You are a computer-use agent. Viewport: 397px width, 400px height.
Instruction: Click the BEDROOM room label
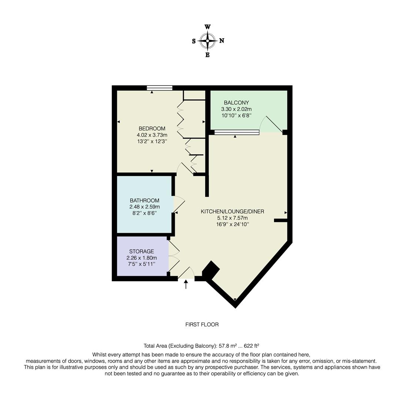(x=152, y=129)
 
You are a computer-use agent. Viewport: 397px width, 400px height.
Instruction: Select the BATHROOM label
(x=144, y=200)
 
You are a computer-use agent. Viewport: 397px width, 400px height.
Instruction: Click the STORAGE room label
(x=141, y=251)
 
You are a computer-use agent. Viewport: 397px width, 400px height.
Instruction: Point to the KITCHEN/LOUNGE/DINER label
(x=232, y=211)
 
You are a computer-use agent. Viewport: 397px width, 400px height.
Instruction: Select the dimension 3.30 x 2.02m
(x=236, y=109)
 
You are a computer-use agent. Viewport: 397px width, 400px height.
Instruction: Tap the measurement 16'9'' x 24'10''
(x=232, y=224)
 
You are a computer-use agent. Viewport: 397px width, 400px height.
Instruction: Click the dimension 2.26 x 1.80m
(x=141, y=258)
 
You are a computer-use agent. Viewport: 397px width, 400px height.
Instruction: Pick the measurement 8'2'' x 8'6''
(x=144, y=213)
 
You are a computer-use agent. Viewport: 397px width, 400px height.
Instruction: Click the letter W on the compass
(x=208, y=27)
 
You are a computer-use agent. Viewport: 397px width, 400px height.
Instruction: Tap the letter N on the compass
(x=222, y=41)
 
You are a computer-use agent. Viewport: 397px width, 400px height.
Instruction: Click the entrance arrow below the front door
(x=186, y=284)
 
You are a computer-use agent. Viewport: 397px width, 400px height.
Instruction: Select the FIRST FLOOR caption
(x=202, y=324)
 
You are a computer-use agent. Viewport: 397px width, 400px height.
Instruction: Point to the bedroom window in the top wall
(x=160, y=88)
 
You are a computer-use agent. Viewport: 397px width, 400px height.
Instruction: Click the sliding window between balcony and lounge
(x=236, y=132)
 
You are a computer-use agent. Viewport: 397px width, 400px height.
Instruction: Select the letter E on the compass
(x=207, y=55)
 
